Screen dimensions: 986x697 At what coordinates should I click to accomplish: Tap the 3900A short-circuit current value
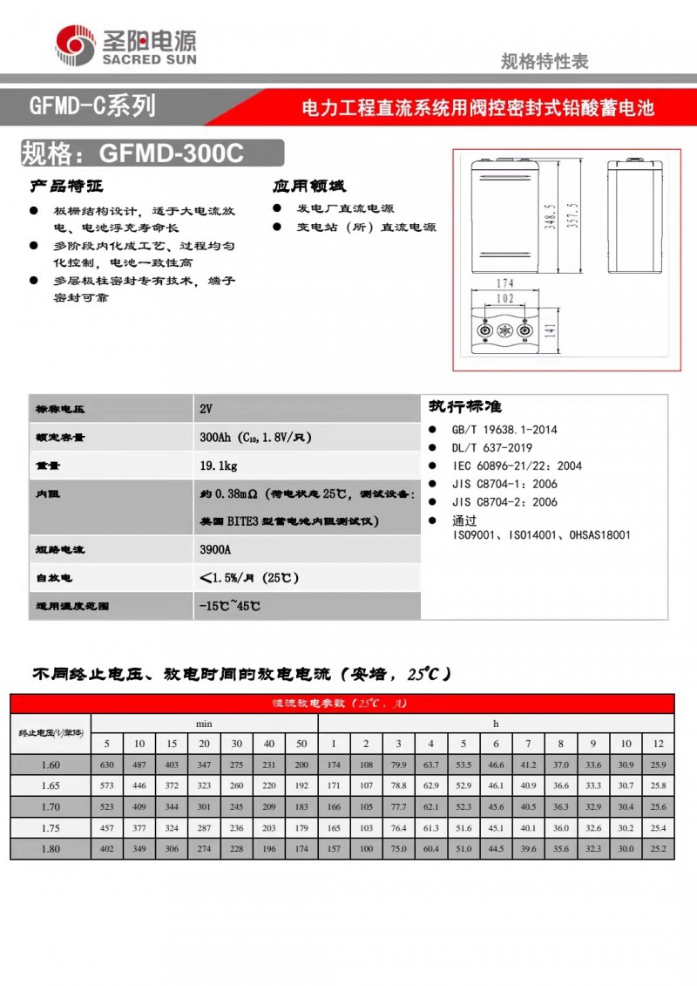pyautogui.click(x=216, y=551)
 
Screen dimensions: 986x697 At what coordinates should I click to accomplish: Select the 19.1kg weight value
pyautogui.click(x=216, y=466)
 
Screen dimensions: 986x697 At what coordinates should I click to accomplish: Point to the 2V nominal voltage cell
pyautogui.click(x=206, y=409)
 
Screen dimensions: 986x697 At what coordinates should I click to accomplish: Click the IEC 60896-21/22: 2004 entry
pyautogui.click(x=516, y=466)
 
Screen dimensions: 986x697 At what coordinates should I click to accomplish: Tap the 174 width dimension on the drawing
pyautogui.click(x=504, y=283)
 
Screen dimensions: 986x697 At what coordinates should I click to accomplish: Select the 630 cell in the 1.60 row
pyautogui.click(x=107, y=765)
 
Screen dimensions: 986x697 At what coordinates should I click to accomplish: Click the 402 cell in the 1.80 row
pyautogui.click(x=107, y=848)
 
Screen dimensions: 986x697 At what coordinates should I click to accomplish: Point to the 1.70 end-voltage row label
pyautogui.click(x=51, y=806)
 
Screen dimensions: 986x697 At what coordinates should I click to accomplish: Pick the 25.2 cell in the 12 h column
pyautogui.click(x=658, y=848)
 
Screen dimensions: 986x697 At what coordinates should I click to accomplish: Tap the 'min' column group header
pyautogui.click(x=204, y=724)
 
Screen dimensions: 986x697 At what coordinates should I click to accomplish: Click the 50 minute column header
pyautogui.click(x=301, y=744)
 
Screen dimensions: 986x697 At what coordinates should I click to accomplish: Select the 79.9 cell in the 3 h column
pyautogui.click(x=398, y=765)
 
